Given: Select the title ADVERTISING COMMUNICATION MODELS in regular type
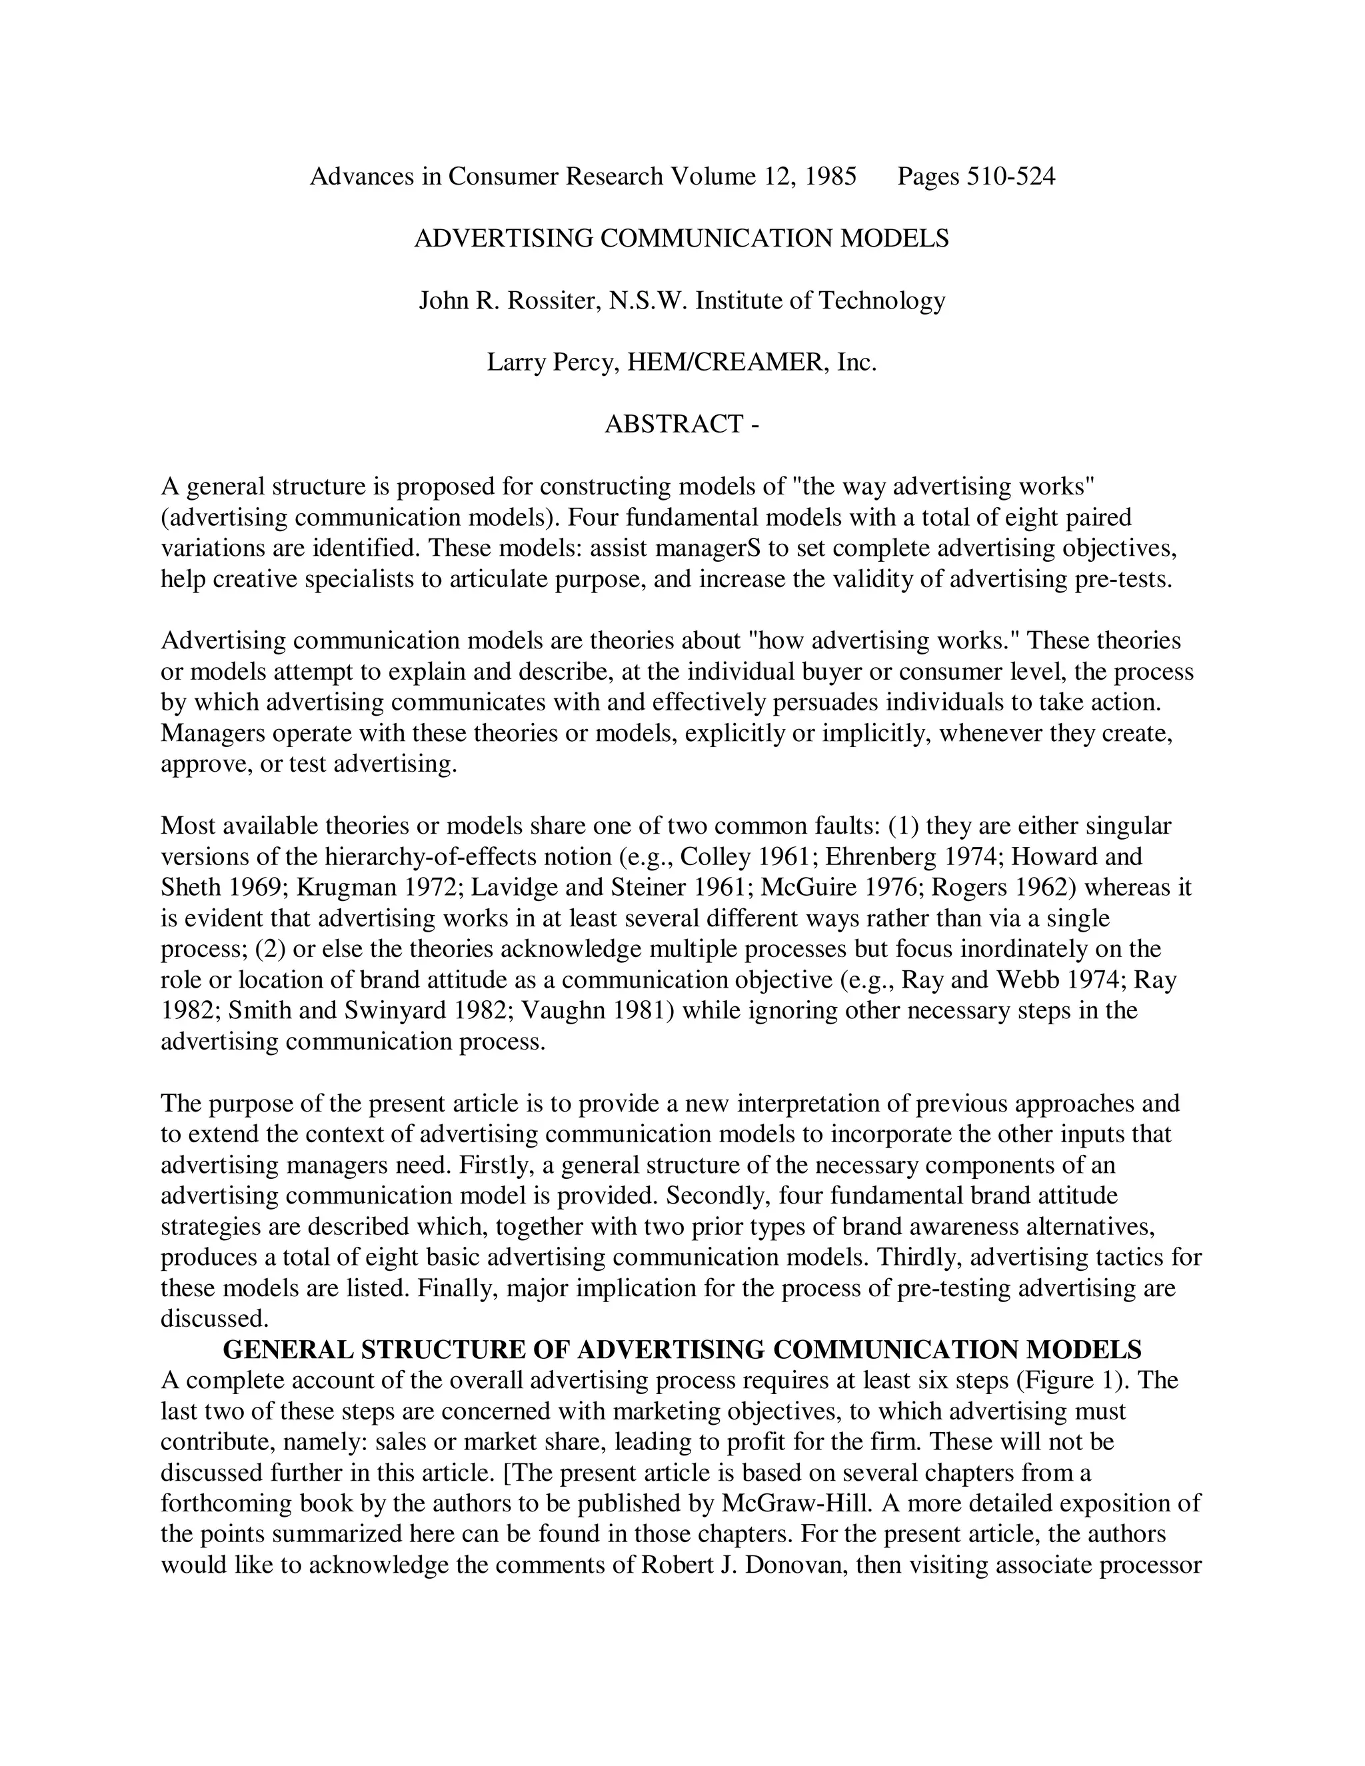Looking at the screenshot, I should click(681, 239).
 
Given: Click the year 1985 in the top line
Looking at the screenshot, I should click(830, 177).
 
